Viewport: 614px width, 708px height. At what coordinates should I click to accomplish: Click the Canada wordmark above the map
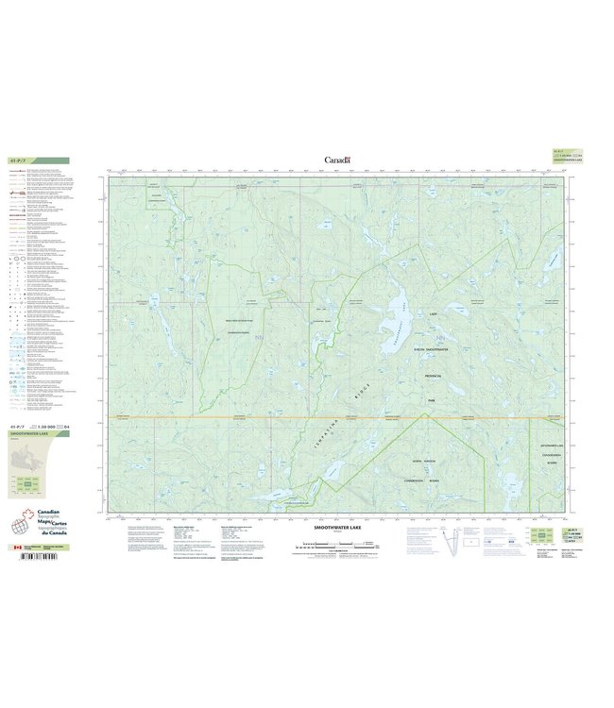[x=337, y=160]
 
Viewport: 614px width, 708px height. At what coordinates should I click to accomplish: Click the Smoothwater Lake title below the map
[x=337, y=528]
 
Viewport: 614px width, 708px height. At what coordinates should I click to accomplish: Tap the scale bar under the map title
[x=337, y=545]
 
